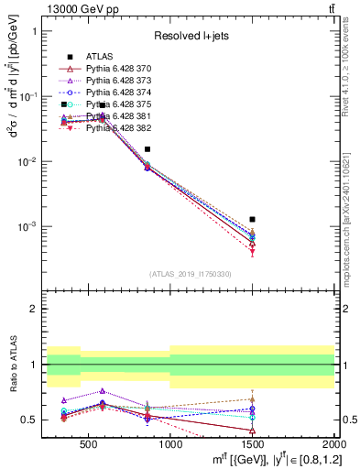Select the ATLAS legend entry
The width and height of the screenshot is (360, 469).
[x=99, y=57]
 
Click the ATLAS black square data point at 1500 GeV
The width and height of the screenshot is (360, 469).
[x=252, y=219]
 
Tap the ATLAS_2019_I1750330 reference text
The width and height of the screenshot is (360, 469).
[x=191, y=273]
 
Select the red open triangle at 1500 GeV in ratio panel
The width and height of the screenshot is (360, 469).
[x=252, y=430]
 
